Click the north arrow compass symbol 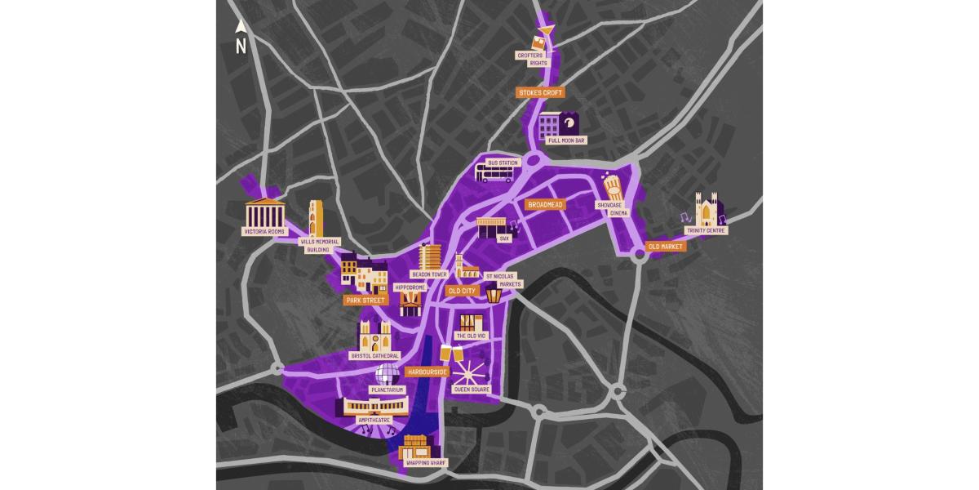241,38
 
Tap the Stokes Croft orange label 541,93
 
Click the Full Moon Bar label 567,140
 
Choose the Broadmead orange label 545,205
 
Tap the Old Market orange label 665,246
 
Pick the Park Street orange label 365,301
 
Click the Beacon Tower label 429,275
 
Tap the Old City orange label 462,291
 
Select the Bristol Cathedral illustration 374,335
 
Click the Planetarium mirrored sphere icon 388,375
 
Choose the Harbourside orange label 427,372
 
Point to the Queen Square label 472,390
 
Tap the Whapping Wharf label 422,462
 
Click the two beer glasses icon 451,354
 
